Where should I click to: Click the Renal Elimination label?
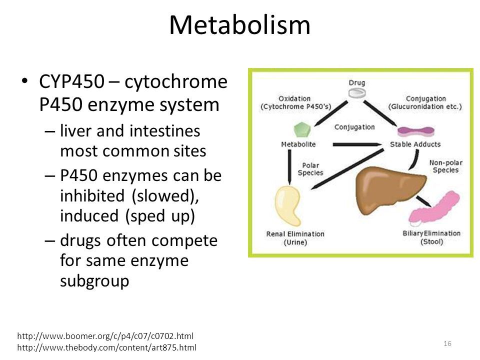pyautogui.click(x=295, y=233)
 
